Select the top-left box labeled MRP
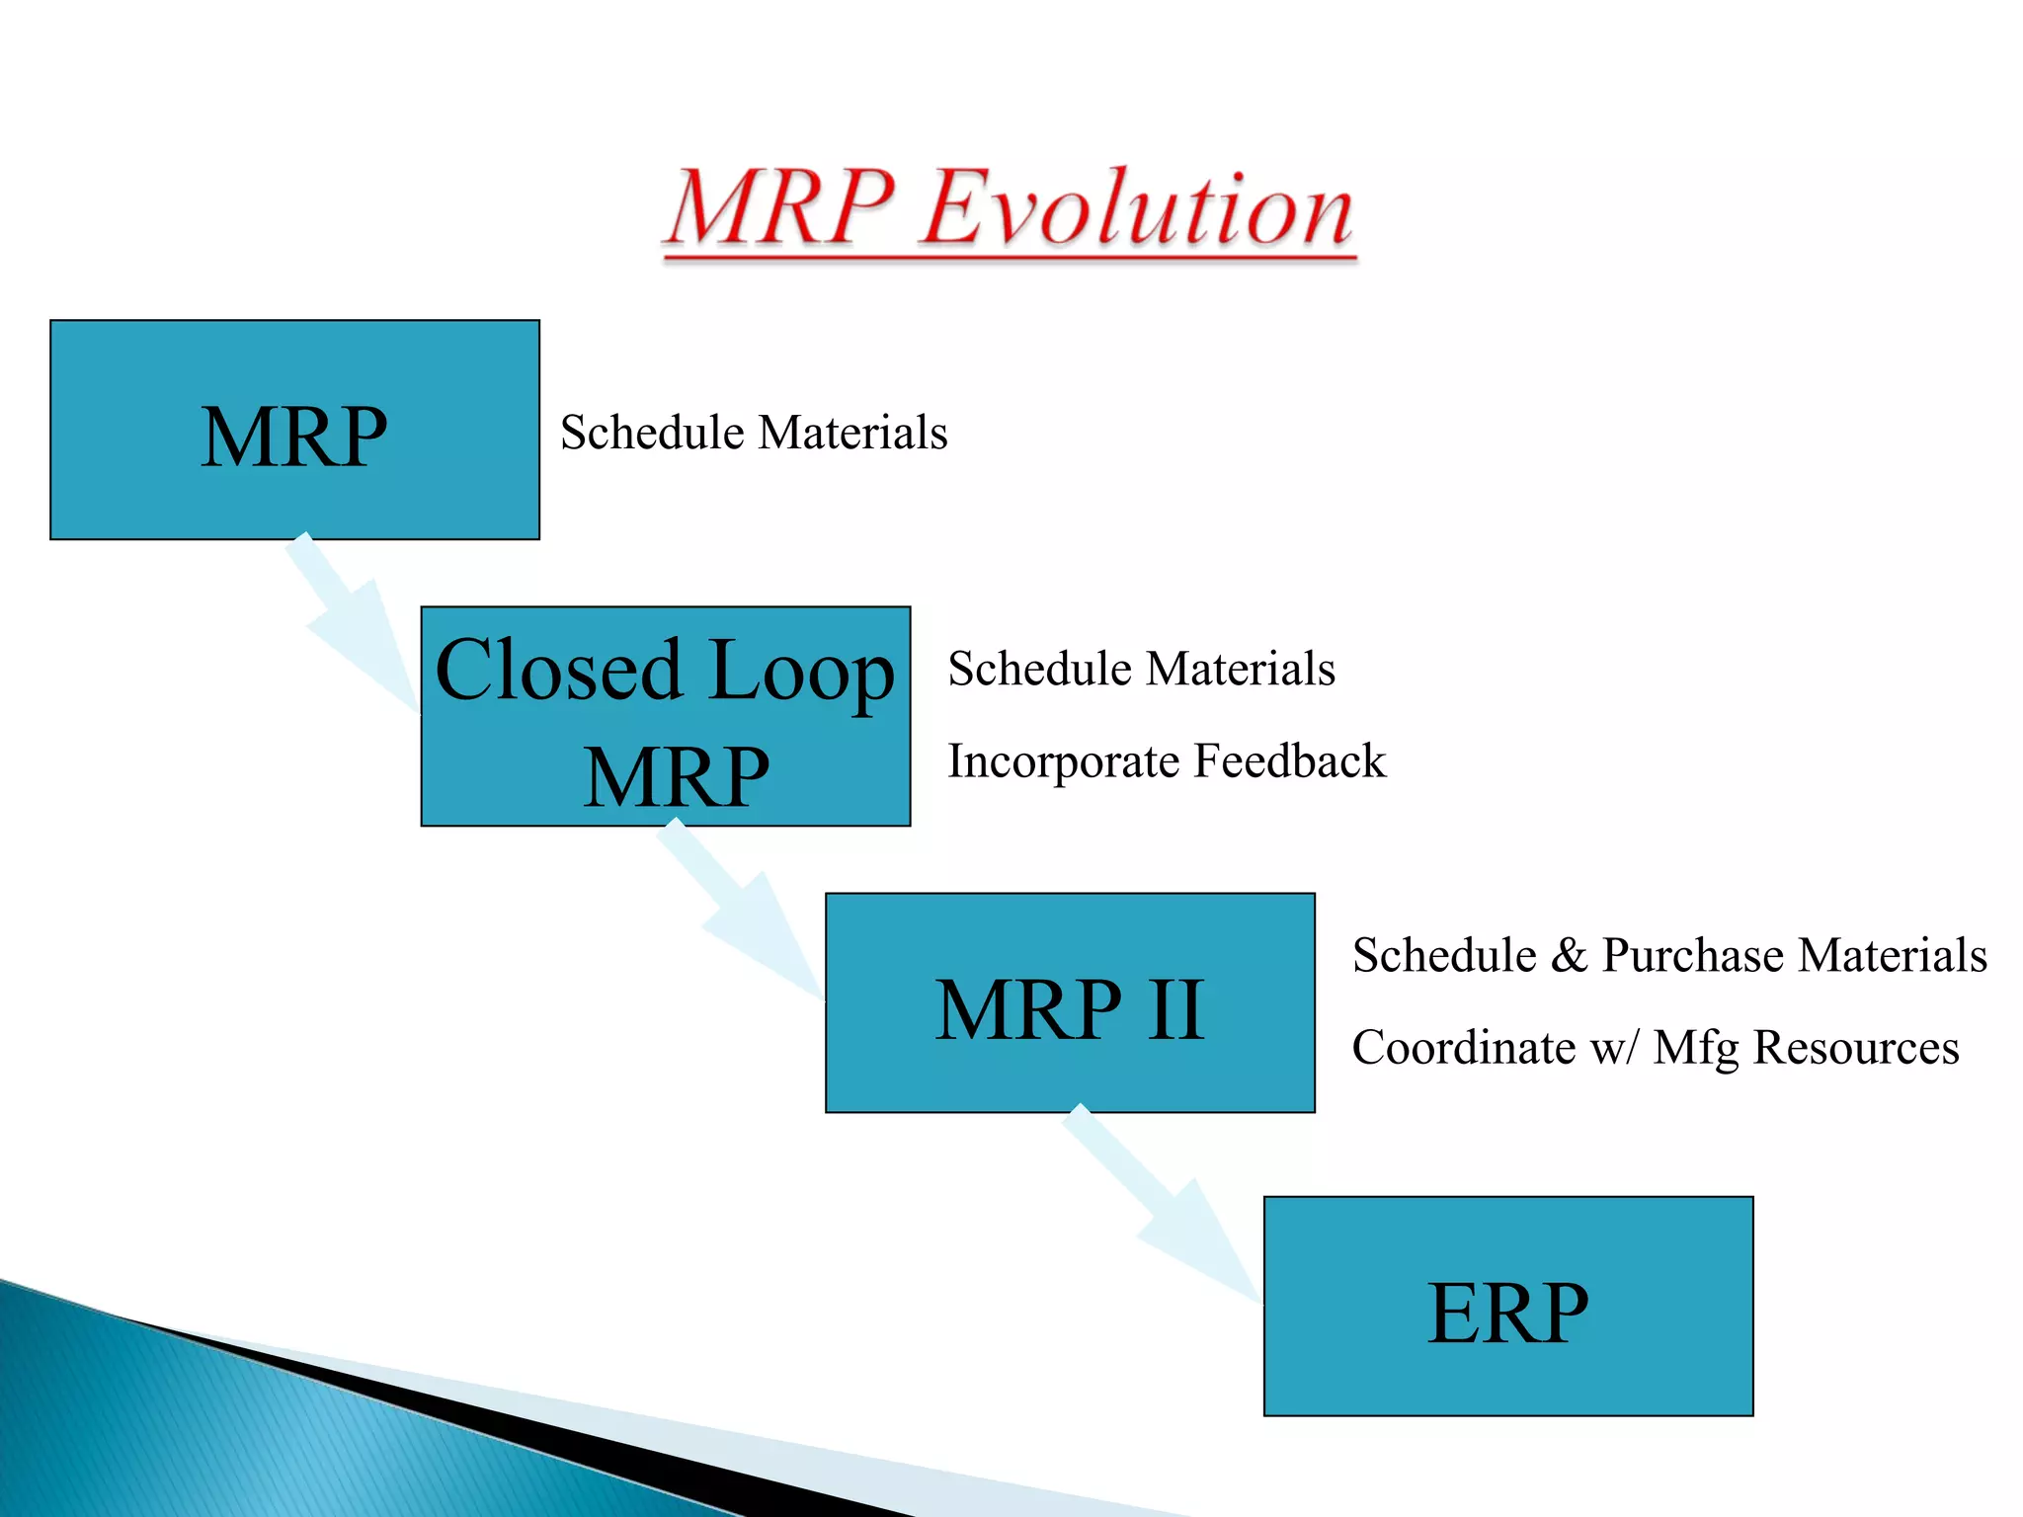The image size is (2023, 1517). click(294, 431)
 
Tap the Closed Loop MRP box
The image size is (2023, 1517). click(665, 717)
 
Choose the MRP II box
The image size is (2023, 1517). click(1070, 1003)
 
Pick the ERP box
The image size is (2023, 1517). click(1508, 1307)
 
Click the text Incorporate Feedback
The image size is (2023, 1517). click(1167, 761)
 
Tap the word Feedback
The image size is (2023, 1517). click(1289, 761)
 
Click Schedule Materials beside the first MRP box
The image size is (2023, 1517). click(754, 433)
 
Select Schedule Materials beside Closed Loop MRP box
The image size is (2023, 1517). click(1141, 669)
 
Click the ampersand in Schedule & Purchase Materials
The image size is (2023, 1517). click(1569, 956)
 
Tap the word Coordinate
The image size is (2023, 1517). click(1464, 1048)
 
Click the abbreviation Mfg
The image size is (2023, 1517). click(1695, 1048)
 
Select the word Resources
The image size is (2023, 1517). click(1856, 1048)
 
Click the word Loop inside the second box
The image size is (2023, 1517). click(801, 672)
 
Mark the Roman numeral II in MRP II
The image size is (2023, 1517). click(1174, 1009)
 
